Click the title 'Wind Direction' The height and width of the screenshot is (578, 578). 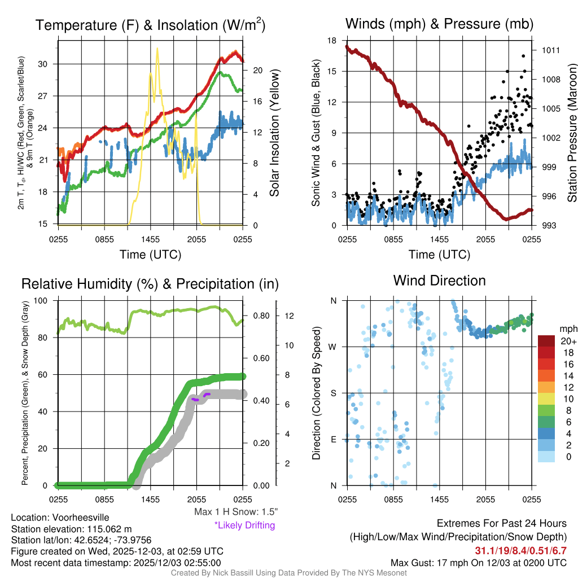(439, 281)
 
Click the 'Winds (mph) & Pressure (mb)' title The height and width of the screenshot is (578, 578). (439, 24)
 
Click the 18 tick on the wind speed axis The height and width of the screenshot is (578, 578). (332, 41)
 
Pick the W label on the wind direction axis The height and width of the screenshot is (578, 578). (334, 347)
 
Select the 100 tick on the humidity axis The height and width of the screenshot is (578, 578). (43, 301)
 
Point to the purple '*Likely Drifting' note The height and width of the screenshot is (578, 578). (244, 526)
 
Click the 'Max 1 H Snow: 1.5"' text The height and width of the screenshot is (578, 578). (235, 512)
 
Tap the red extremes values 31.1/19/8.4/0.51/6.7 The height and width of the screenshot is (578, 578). (520, 550)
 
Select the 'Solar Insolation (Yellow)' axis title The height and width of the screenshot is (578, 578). (275, 134)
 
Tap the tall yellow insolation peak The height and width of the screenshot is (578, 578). (157, 50)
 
